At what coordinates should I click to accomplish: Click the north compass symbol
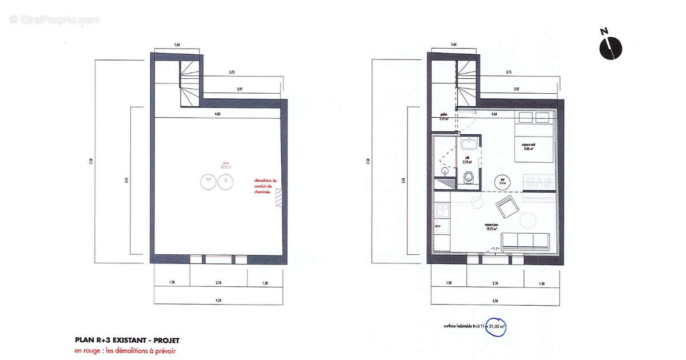tap(611, 47)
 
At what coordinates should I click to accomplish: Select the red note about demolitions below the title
tap(125, 351)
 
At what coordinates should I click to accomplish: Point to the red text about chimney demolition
tap(266, 186)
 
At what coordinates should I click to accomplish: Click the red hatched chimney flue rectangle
tap(279, 198)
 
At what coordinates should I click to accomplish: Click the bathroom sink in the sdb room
tap(469, 142)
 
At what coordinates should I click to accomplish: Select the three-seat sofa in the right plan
tap(526, 241)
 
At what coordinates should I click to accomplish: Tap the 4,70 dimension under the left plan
tap(217, 300)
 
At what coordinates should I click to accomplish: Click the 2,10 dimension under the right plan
tap(495, 283)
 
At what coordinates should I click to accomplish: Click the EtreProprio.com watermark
tap(54, 19)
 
